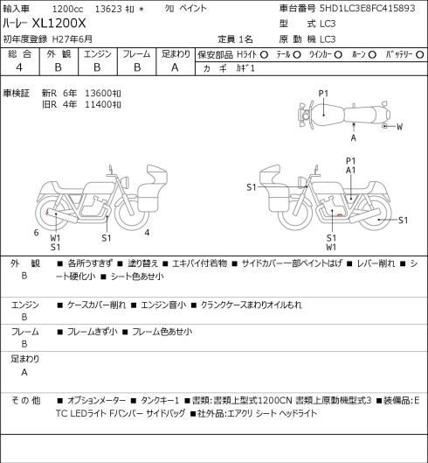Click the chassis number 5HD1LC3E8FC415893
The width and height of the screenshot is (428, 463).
tap(368, 8)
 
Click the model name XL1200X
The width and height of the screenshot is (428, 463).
tap(59, 23)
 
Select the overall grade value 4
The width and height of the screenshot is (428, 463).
tap(19, 67)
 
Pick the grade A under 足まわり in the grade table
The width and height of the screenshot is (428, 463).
tap(175, 67)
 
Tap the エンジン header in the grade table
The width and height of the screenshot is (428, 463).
tap(98, 54)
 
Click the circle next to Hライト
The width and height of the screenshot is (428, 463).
tap(264, 54)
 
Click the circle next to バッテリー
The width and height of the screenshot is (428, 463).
tap(420, 54)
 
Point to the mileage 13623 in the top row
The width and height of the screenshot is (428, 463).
tap(108, 9)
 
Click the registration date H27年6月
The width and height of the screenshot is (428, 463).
tap(72, 39)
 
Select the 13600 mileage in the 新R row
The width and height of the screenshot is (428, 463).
tap(99, 94)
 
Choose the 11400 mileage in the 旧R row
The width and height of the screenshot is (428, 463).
tap(99, 104)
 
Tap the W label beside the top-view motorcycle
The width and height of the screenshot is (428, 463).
tap(399, 127)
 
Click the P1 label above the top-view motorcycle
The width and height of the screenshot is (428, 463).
tap(323, 94)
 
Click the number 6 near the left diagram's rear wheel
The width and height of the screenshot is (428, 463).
tap(36, 233)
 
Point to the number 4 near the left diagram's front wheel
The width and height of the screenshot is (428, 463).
tap(147, 233)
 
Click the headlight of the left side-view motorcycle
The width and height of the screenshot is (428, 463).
tap(125, 182)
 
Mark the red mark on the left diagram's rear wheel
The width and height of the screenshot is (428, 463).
tap(46, 212)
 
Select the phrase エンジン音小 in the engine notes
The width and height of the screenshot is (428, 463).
tap(163, 305)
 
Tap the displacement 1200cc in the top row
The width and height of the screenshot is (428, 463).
tap(67, 9)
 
